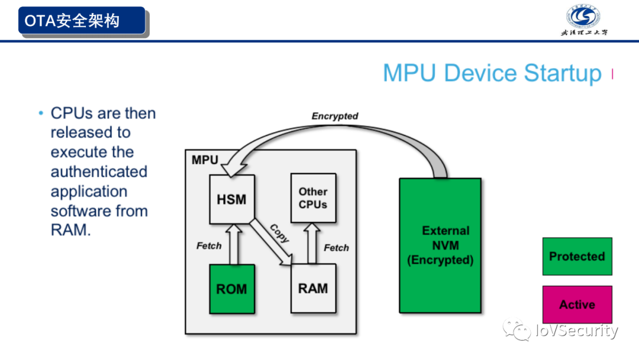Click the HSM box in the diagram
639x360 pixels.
pyautogui.click(x=232, y=200)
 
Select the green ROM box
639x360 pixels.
pyautogui.click(x=232, y=289)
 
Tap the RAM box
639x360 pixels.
pyautogui.click(x=313, y=289)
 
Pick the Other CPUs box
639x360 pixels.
pyautogui.click(x=313, y=198)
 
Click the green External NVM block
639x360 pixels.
pyautogui.click(x=440, y=245)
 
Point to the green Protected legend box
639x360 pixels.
pyautogui.click(x=577, y=256)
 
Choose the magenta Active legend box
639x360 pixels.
pyautogui.click(x=577, y=304)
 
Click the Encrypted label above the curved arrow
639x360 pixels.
pyautogui.click(x=335, y=116)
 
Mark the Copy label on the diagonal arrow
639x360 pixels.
pyautogui.click(x=279, y=233)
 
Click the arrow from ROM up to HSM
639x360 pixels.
pyautogui.click(x=232, y=244)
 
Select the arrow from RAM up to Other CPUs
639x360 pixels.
pyautogui.click(x=313, y=244)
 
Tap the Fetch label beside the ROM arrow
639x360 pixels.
pyautogui.click(x=209, y=245)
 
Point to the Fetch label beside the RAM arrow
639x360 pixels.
pyautogui.click(x=337, y=247)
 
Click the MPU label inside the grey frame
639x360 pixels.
pyautogui.click(x=205, y=160)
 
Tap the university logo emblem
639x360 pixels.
pyautogui.click(x=584, y=16)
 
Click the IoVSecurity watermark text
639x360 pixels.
pyautogui.click(x=576, y=330)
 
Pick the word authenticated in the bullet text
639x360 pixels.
pyautogui.click(x=99, y=172)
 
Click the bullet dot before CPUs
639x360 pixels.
pyautogui.click(x=41, y=112)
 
